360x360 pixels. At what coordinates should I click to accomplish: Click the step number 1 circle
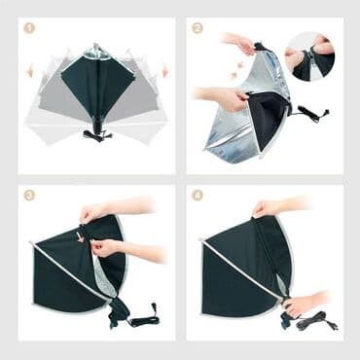tap(29, 28)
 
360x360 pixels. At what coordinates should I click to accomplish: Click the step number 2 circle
tap(198, 28)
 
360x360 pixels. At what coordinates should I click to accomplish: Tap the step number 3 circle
tap(29, 196)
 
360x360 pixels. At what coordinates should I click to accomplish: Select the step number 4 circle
tap(198, 196)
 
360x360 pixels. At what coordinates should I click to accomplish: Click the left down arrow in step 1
tap(30, 71)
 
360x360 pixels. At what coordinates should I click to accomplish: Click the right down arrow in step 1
tap(165, 71)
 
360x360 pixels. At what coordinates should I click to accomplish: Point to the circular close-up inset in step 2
tap(309, 56)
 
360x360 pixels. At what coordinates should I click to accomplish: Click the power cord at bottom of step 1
tap(97, 134)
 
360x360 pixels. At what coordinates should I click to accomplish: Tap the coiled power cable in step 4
tap(316, 321)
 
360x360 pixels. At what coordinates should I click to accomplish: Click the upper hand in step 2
tap(238, 43)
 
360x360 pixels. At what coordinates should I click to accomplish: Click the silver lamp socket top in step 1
tap(96, 52)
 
